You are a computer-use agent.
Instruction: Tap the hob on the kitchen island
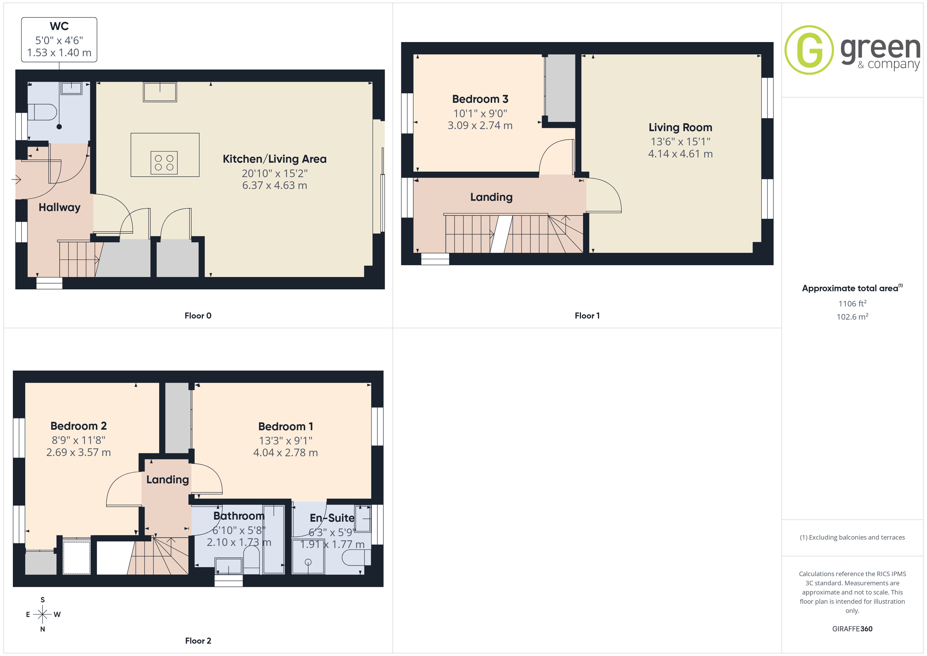pos(164,163)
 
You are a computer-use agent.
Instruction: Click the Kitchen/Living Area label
pos(275,159)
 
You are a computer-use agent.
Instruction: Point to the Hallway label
pos(59,208)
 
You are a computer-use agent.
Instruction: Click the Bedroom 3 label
pos(480,99)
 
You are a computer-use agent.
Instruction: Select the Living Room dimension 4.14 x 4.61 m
pos(680,154)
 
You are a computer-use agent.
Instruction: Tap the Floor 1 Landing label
pos(491,197)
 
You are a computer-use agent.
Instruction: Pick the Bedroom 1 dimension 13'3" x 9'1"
pos(285,441)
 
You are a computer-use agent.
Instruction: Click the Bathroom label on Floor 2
pos(239,516)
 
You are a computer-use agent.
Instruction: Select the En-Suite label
pos(332,518)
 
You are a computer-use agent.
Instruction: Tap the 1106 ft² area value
pos(852,303)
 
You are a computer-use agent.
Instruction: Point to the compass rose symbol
pos(42,614)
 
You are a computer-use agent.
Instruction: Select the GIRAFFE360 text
pos(852,629)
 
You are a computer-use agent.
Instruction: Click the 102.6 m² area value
pos(852,317)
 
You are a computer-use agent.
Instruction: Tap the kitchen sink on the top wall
pos(160,92)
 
